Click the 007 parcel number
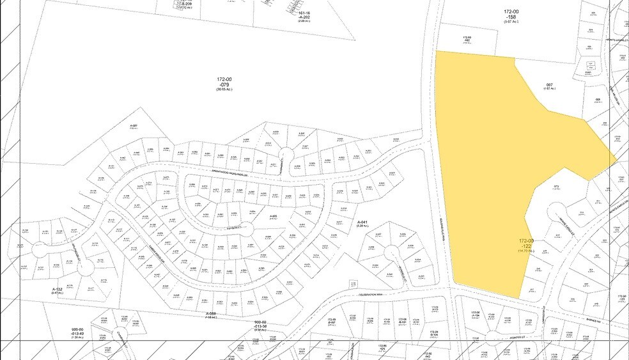549,84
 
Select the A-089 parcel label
211,314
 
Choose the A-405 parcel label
273,216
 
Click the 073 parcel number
557,187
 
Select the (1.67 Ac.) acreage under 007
549,89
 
